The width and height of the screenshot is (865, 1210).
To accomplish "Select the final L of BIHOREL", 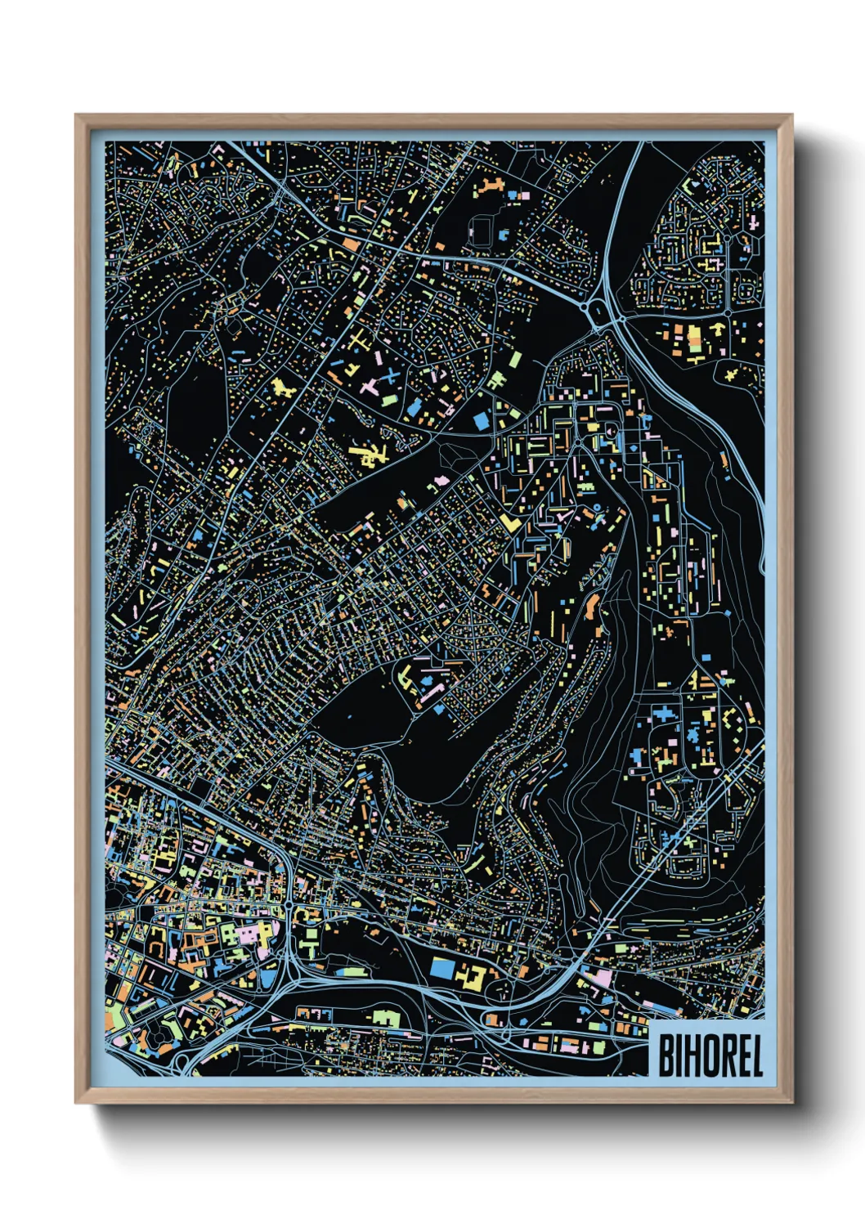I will click(756, 1055).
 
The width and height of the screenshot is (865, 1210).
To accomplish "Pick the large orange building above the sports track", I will click(489, 186).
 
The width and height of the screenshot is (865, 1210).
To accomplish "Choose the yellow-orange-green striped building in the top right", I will click(694, 341).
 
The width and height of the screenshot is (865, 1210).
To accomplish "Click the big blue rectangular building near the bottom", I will click(441, 967).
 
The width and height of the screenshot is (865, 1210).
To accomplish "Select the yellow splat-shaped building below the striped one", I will click(730, 374).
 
